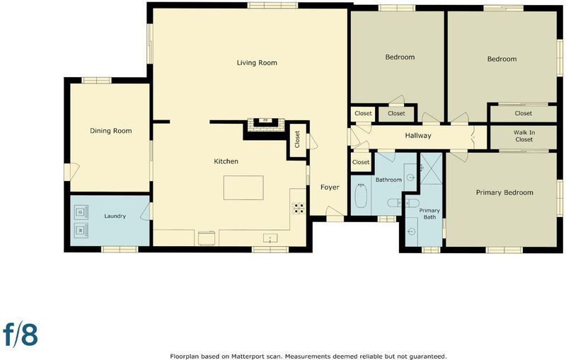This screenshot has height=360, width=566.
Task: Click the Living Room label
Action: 257,63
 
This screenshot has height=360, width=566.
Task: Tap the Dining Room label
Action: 111,131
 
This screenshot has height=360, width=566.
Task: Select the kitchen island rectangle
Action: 243,187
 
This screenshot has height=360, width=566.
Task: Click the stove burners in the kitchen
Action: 298,209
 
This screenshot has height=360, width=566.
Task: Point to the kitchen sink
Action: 270,238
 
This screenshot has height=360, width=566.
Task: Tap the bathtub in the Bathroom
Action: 361,196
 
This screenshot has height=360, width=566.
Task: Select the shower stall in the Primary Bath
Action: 431,168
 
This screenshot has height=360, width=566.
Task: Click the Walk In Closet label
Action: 524,136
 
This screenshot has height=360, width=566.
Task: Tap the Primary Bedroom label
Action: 504,192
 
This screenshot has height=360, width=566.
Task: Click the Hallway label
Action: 418,136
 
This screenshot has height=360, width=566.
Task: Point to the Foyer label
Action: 330,187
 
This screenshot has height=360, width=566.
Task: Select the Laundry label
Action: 115,216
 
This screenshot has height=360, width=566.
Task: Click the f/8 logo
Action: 21,335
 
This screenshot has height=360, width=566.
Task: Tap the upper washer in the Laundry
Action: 81,211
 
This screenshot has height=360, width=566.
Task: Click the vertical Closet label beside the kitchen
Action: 297,139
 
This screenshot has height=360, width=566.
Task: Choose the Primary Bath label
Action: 429,214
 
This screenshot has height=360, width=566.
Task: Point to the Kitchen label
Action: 226,161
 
